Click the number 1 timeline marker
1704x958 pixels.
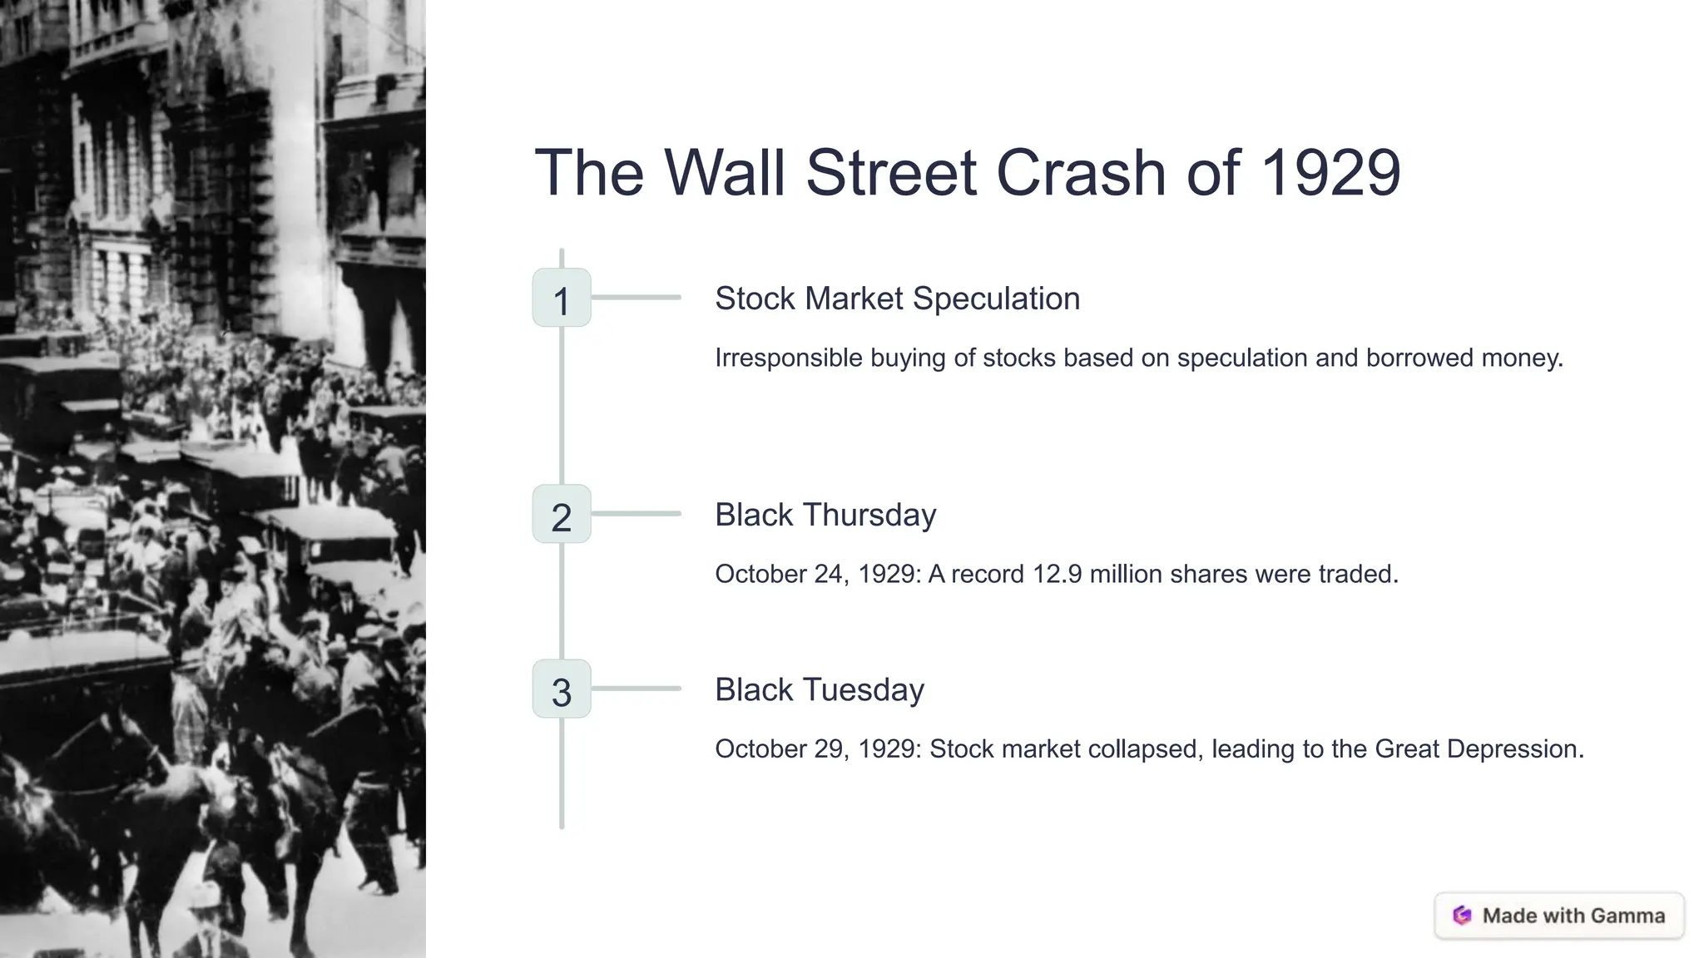[562, 298]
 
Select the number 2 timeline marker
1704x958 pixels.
[562, 514]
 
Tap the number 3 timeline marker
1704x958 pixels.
[562, 689]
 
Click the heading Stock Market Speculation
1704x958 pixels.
[897, 299]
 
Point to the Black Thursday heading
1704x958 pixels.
[825, 515]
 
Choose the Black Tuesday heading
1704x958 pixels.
[820, 689]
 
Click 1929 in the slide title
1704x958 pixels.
[1330, 173]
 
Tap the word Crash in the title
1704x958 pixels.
[1081, 173]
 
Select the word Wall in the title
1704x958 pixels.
[725, 173]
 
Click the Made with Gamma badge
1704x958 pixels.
[1559, 916]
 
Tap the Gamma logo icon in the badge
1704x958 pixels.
[1462, 916]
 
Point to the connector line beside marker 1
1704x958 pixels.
[636, 297]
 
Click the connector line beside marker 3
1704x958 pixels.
[636, 689]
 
